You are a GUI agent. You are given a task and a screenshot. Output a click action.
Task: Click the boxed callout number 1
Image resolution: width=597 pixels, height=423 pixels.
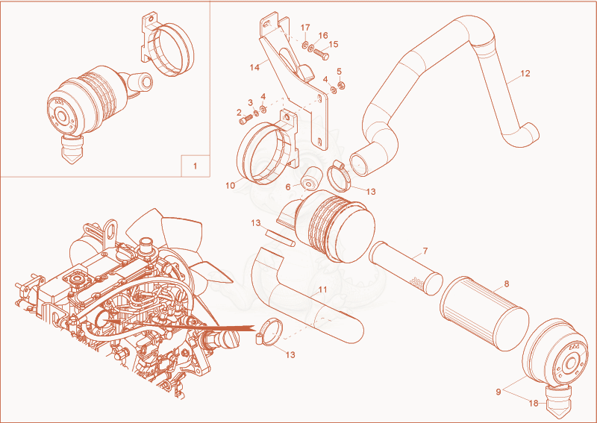click(x=196, y=166)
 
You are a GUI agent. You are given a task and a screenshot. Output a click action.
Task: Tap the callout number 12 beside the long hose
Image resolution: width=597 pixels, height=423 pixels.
click(x=525, y=73)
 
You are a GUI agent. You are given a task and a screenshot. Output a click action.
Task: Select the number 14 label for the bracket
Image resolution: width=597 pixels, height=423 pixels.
click(x=254, y=67)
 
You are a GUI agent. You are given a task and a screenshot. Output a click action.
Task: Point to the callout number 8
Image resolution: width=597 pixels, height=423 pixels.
click(x=506, y=283)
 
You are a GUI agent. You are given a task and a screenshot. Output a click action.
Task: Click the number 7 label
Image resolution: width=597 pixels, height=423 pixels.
click(x=425, y=251)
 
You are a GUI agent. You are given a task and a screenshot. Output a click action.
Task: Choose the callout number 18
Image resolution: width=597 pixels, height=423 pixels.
click(x=534, y=403)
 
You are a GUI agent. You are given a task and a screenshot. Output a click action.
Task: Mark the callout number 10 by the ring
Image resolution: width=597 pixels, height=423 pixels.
click(x=231, y=186)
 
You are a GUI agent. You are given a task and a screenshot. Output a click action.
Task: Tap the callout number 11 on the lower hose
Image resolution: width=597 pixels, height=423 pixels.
click(x=322, y=289)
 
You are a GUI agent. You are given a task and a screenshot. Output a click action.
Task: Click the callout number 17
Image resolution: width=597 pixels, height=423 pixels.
click(x=305, y=28)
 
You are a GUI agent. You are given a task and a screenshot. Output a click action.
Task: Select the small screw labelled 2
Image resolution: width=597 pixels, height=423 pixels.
click(x=244, y=120)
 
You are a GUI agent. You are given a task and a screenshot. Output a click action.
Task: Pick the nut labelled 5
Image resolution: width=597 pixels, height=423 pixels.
click(x=341, y=85)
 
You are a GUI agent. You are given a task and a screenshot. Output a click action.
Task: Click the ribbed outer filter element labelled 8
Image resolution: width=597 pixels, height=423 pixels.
click(x=484, y=313)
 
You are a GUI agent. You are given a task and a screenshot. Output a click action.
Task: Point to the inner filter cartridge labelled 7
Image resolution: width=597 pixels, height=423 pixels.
click(x=407, y=268)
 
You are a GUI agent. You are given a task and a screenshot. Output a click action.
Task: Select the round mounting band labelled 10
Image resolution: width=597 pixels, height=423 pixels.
click(x=262, y=152)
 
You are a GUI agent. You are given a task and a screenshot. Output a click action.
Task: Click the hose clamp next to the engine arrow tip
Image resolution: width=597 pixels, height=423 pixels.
click(x=269, y=332)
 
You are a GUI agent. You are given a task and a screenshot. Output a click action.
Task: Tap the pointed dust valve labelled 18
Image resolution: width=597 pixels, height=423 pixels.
click(x=560, y=401)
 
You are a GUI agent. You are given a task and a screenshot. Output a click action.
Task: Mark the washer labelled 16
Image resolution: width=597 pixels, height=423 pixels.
click(x=311, y=48)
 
